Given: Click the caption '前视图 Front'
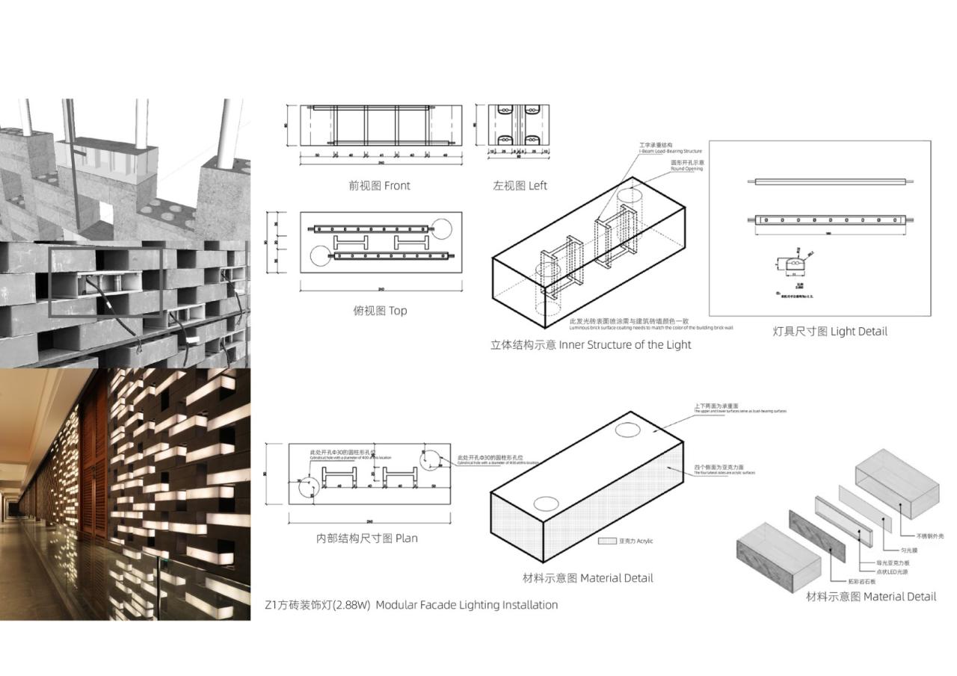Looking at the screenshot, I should tap(379, 186).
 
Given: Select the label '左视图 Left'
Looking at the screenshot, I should tap(520, 186).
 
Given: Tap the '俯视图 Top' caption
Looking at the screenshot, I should tap(380, 311).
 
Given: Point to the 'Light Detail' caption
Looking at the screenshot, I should tap(830, 331).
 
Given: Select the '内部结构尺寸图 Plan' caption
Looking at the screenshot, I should tap(366, 538).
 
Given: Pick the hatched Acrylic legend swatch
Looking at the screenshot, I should tap(607, 541).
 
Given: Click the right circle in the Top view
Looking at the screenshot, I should tap(440, 229).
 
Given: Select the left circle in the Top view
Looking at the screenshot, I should tap(320, 255).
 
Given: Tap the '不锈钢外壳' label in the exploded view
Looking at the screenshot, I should tap(931, 536).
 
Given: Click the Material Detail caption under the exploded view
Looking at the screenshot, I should tap(870, 597).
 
